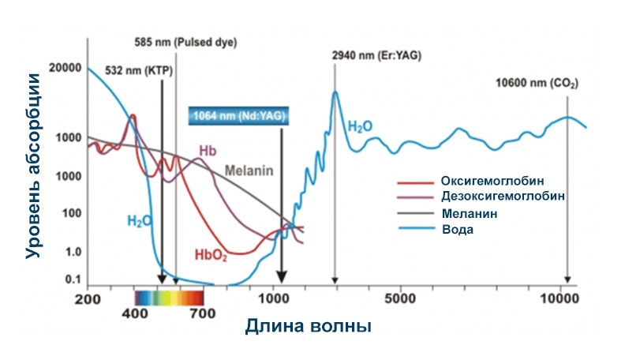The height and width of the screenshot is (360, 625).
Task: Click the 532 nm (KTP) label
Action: pyautogui.click(x=138, y=69)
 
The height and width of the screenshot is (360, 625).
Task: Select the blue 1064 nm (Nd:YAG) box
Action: pyautogui.click(x=239, y=116)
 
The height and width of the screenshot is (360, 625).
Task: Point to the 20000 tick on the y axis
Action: pyautogui.click(x=65, y=69)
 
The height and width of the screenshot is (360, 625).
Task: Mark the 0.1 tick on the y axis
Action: pyautogui.click(x=72, y=279)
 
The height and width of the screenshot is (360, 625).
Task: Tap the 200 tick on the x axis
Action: pyautogui.click(x=88, y=300)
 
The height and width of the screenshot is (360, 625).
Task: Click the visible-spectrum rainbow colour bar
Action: pyautogui.click(x=170, y=298)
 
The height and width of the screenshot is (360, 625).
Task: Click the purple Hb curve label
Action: pyautogui.click(x=208, y=151)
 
